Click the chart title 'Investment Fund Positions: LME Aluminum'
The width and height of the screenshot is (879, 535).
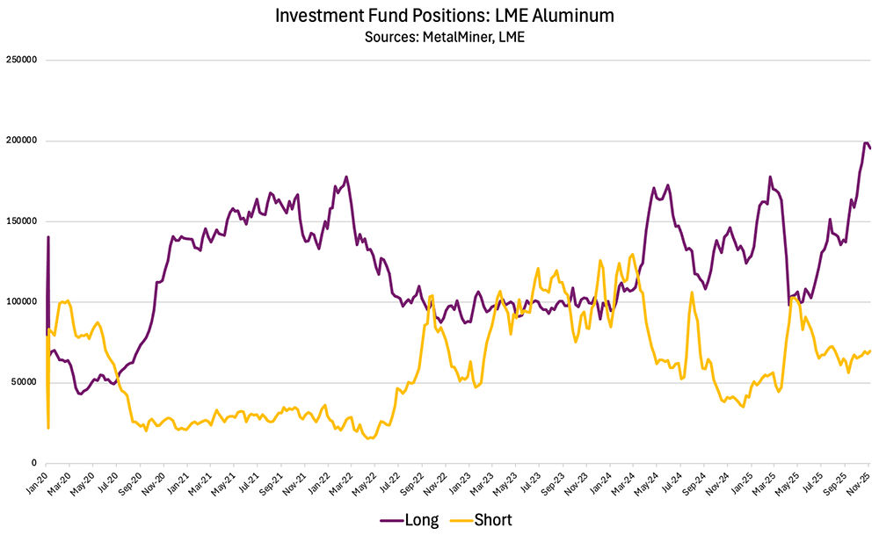pos(439,16)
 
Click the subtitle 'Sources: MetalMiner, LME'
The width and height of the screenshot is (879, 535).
pos(439,37)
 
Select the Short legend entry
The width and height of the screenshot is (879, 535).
pos(479,519)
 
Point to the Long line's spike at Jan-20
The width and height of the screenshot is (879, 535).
pos(48,236)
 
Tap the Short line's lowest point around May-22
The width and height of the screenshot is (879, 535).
pos(368,437)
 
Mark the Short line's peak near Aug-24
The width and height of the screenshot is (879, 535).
pos(692,293)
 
